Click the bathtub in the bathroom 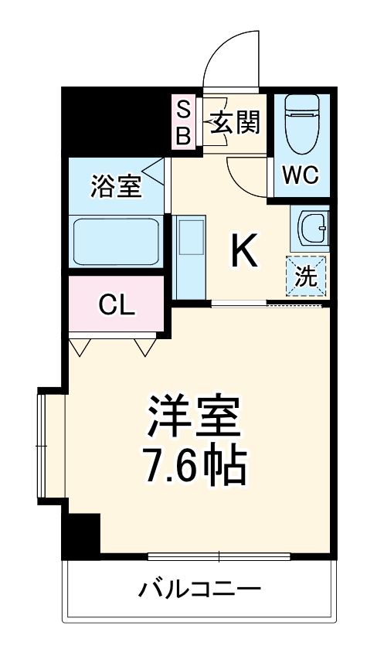click(x=116, y=241)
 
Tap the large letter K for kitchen click(x=245, y=251)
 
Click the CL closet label click(x=117, y=305)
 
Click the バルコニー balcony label click(x=199, y=590)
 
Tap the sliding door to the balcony click(x=219, y=556)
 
